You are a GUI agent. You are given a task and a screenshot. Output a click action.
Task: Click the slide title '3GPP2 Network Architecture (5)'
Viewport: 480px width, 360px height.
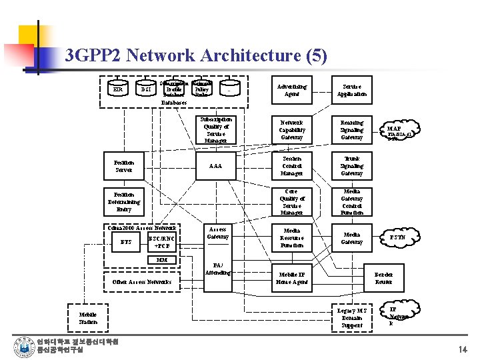point(196,56)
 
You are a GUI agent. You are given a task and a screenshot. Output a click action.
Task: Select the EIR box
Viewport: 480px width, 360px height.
point(118,89)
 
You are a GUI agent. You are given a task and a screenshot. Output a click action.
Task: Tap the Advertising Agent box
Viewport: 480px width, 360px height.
point(291,90)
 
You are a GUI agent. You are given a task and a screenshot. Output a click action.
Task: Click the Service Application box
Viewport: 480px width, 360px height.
point(351,90)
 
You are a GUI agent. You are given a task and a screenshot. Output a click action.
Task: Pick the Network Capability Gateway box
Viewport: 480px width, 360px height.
point(291,130)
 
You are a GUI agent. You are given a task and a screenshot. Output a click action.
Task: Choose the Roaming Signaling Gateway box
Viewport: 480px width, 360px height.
point(351,130)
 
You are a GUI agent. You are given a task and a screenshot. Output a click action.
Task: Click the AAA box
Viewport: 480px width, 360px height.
point(215,166)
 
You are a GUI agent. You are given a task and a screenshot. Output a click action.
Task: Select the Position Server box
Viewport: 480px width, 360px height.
point(124,166)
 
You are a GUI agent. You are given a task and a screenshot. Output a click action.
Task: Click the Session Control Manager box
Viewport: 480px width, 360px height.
point(291,166)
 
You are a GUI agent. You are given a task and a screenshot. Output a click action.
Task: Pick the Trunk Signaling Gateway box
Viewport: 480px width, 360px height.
point(351,166)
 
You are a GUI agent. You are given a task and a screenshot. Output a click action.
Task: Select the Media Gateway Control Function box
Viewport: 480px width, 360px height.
point(351,202)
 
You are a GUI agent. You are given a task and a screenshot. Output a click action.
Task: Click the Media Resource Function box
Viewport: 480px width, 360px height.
point(291,238)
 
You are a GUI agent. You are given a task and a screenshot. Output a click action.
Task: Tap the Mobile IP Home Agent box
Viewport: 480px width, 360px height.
point(291,278)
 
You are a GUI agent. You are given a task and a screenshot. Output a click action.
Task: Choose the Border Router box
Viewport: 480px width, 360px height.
point(384,278)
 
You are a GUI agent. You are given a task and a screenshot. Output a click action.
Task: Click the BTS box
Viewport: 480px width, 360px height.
point(125,242)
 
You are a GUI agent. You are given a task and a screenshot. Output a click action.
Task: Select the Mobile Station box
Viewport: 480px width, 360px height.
point(88,318)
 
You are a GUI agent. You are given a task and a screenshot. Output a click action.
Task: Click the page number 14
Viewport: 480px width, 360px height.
point(463,349)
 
